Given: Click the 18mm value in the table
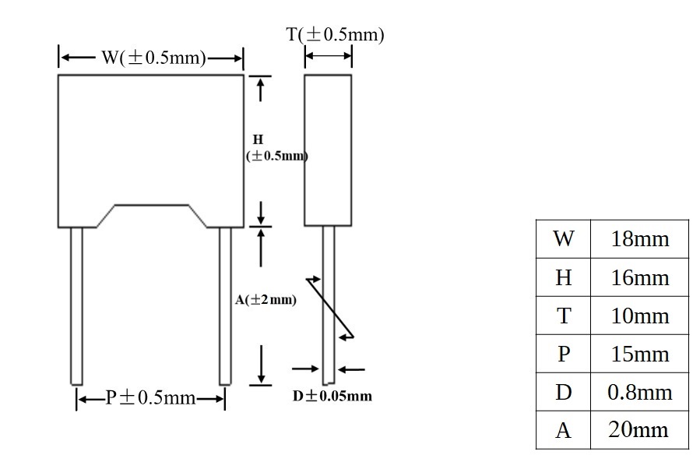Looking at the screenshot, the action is [639, 239].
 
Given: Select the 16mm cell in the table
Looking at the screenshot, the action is [639, 277].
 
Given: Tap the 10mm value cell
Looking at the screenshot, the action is [639, 316].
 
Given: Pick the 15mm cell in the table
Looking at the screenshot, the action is [639, 354].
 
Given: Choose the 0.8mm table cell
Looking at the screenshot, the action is [639, 392].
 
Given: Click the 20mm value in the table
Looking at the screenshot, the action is [638, 429].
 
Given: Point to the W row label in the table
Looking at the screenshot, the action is [564, 238].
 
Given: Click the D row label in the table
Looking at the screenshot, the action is [564, 392].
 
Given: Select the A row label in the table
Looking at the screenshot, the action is [564, 430].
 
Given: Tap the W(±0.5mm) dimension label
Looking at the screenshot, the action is [153, 58].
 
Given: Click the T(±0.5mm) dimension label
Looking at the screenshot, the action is [335, 34].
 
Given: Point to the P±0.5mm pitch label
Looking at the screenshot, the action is [150, 397].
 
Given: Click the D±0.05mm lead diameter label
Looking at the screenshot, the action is [332, 396].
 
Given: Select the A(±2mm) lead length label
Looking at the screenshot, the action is [266, 300].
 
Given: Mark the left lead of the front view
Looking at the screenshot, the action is [77, 306].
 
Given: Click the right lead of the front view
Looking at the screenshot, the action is [225, 306].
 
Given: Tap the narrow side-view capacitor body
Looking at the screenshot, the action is [328, 150].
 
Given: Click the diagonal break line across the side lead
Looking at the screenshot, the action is [330, 309].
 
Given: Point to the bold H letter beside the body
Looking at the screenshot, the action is [258, 139].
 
